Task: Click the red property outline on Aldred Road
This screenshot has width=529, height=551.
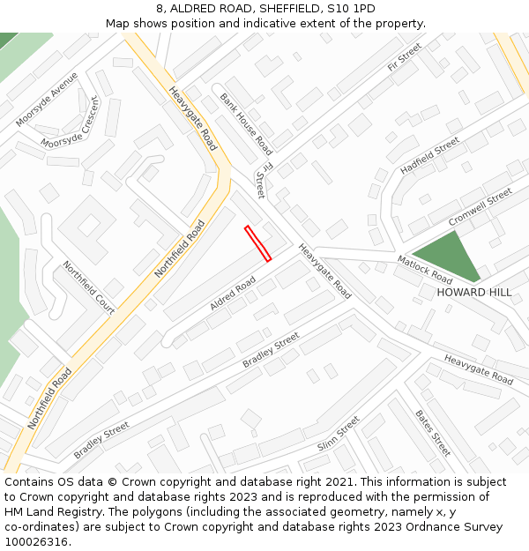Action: [257, 243]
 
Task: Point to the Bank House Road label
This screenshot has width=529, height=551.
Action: [246, 123]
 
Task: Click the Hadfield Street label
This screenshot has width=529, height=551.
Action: [430, 155]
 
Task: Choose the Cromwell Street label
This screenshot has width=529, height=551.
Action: [480, 207]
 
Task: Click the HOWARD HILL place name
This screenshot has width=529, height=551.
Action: [474, 293]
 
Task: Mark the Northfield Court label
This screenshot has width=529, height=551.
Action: [88, 287]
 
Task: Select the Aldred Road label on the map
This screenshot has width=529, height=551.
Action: [233, 293]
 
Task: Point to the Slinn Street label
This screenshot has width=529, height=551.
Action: [339, 434]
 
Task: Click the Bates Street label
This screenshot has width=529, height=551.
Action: [433, 433]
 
